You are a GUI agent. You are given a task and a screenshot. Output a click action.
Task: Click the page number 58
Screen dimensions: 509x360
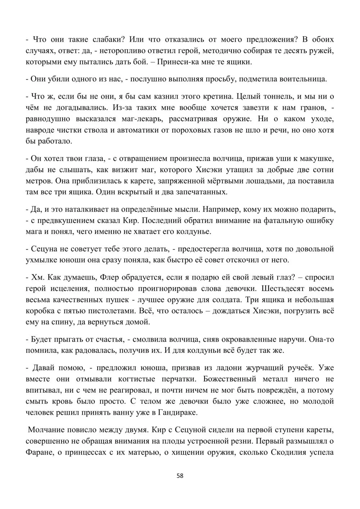[x=180, y=476]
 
